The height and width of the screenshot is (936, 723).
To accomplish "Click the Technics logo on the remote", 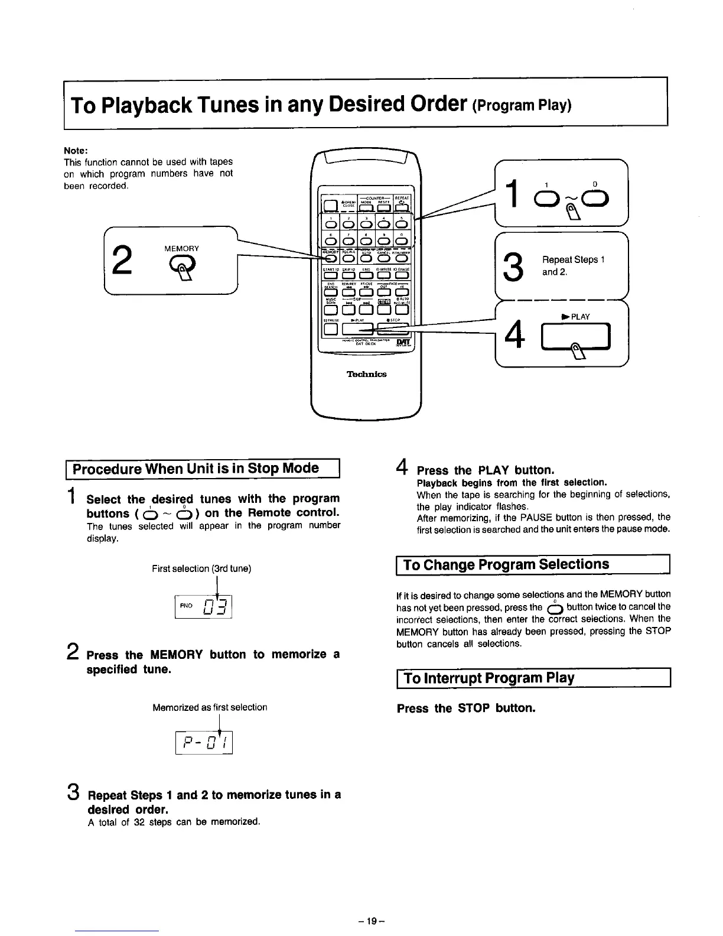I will coord(366,374).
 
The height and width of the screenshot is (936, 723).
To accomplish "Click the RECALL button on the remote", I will coord(348,257).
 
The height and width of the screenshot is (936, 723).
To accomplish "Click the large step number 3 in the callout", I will coord(515,267).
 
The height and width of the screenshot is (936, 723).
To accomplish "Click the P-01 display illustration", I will coord(204,742).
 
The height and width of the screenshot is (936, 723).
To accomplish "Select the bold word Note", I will coord(75,149).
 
